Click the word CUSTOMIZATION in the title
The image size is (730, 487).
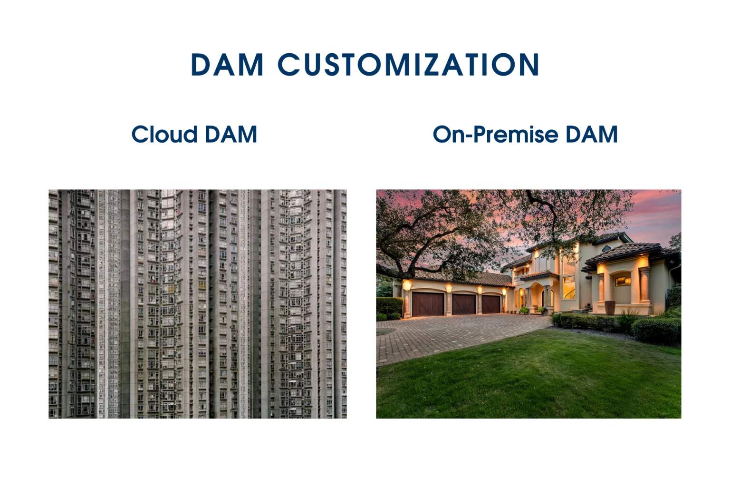tap(408, 64)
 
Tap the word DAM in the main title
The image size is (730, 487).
tap(227, 64)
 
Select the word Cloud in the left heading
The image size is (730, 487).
tap(164, 134)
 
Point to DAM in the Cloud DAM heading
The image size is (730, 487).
tap(231, 135)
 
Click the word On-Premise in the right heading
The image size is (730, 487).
tap(495, 135)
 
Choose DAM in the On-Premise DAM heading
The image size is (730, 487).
tap(592, 135)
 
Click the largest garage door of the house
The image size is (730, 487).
tap(428, 304)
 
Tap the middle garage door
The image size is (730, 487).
tap(463, 304)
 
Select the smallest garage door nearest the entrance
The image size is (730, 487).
tap(491, 304)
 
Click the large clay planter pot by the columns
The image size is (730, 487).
tap(610, 308)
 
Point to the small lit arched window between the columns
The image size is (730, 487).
tap(623, 281)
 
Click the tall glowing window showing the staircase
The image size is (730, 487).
tap(569, 287)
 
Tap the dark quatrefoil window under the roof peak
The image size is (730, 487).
tap(606, 249)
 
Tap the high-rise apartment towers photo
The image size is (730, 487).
tap(198, 304)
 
